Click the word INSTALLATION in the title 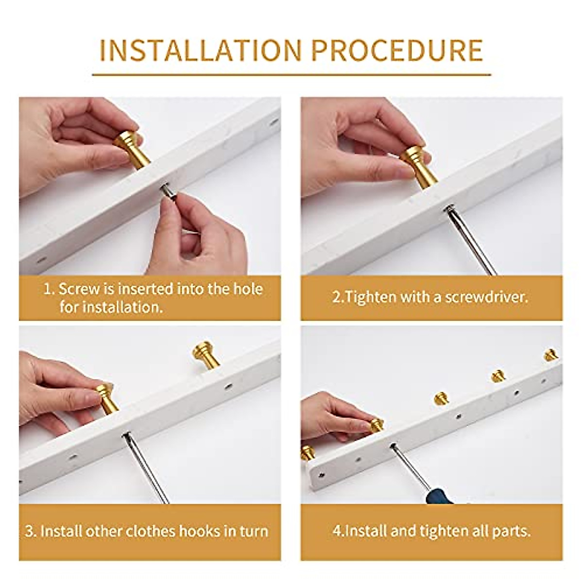[201, 50]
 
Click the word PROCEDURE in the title [396, 50]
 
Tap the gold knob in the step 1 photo [132, 150]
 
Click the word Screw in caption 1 [79, 289]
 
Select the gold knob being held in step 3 [106, 398]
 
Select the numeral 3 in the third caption [30, 532]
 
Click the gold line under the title [291, 74]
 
